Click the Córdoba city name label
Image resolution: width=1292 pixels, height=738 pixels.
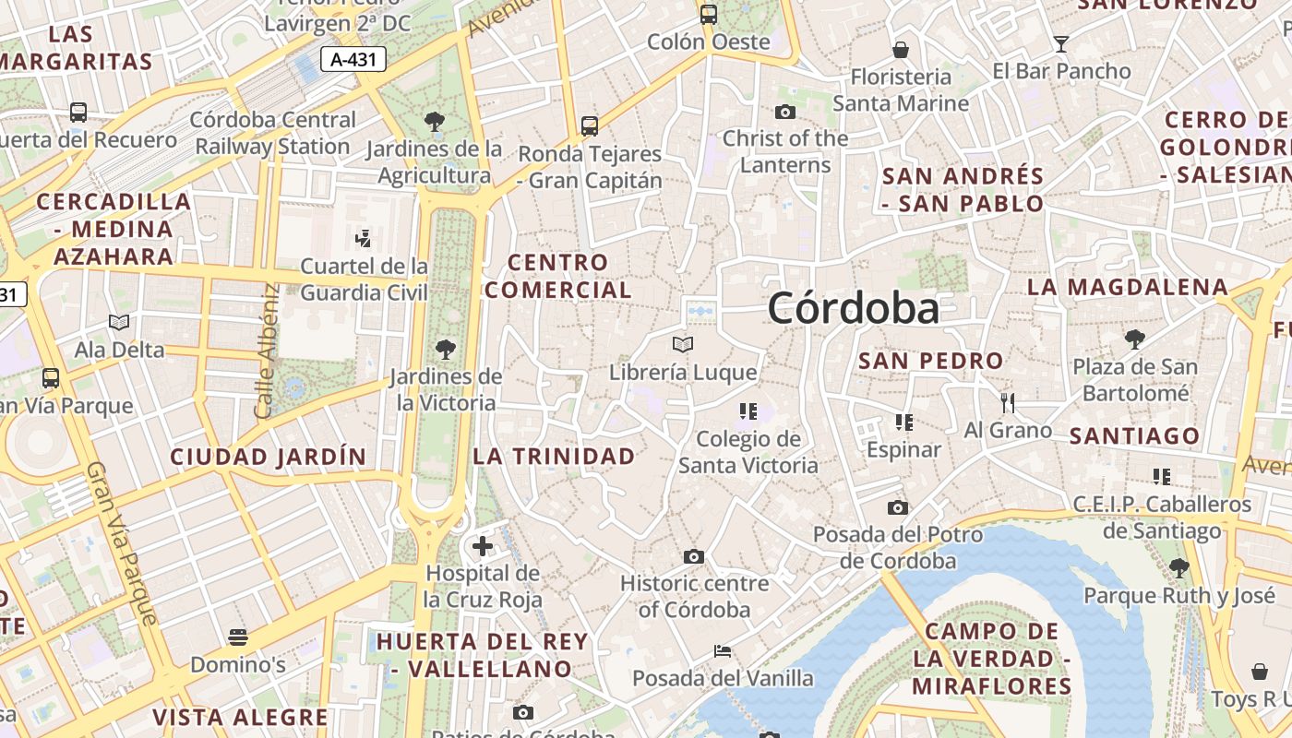click(854, 308)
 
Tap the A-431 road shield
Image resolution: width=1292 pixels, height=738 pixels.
click(353, 60)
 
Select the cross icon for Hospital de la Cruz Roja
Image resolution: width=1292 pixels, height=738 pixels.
click(482, 546)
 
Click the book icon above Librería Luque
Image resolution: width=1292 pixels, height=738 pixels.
click(683, 344)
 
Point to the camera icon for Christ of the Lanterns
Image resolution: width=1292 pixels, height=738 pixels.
click(785, 112)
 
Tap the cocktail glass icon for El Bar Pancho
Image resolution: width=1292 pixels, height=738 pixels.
click(1061, 43)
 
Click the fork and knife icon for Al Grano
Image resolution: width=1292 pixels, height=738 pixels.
click(1008, 403)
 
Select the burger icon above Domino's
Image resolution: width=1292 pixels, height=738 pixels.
click(238, 637)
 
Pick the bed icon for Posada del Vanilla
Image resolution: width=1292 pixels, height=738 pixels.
click(723, 651)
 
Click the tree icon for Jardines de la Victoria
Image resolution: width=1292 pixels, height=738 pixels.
click(446, 349)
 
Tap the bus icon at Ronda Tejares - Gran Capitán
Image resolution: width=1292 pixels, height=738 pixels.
click(590, 125)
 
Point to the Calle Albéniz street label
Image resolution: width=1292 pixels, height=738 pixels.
click(268, 351)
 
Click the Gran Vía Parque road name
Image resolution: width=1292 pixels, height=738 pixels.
click(122, 544)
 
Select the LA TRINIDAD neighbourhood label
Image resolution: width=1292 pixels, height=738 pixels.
click(554, 456)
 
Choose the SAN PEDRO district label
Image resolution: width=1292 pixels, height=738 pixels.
click(930, 361)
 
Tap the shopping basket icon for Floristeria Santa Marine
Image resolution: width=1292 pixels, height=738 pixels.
click(901, 49)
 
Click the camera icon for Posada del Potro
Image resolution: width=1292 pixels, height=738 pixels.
click(897, 507)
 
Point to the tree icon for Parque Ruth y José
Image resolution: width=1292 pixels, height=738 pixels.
click(1178, 567)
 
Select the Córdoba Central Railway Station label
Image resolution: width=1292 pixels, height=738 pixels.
click(272, 133)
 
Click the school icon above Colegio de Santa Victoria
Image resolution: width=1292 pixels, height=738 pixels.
click(748, 411)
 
